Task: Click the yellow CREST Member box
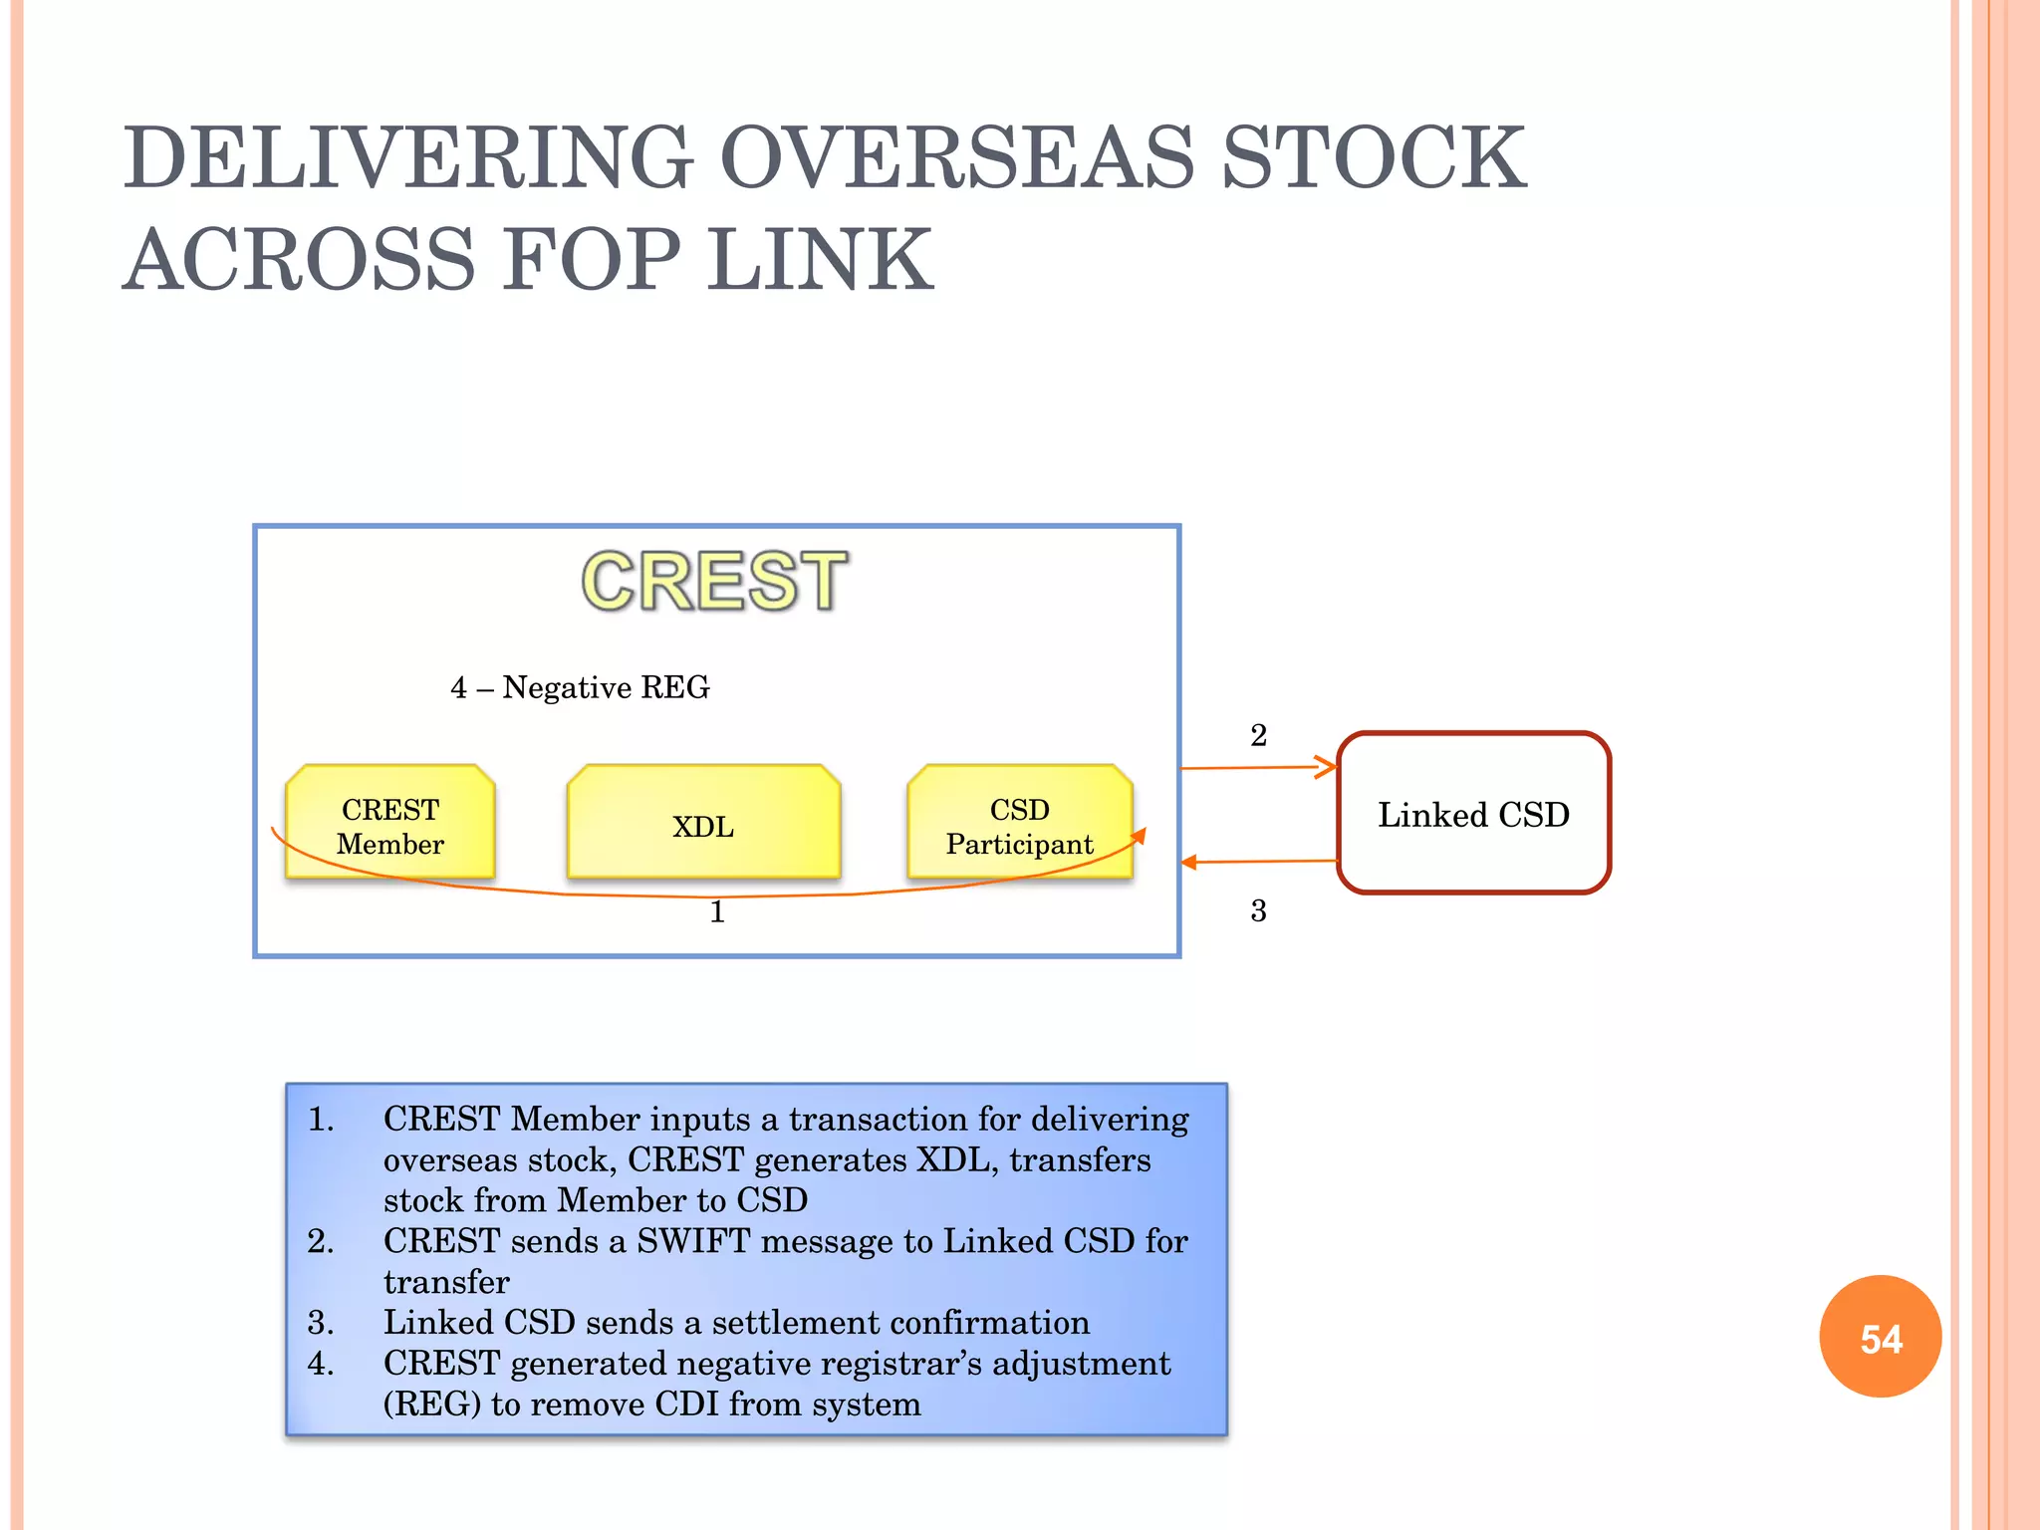point(389,823)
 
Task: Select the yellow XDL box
point(703,823)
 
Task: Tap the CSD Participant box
point(1019,823)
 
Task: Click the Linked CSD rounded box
point(1473,814)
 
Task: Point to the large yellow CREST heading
point(714,582)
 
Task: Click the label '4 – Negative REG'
point(580,687)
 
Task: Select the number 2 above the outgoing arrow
point(1258,735)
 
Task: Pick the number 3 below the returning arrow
point(1258,910)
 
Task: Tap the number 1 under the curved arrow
point(717,912)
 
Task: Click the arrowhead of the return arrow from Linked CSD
point(1189,862)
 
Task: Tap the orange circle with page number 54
point(1880,1337)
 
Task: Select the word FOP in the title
point(592,260)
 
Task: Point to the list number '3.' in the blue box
point(321,1323)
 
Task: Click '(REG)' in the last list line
point(432,1404)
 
